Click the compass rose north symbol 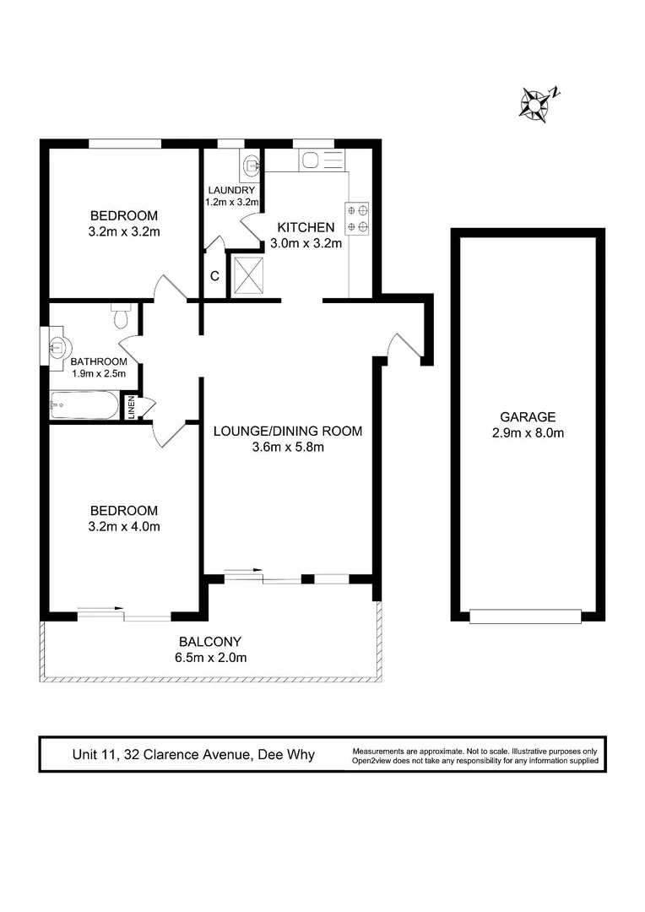coord(537,102)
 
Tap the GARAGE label coord(528,416)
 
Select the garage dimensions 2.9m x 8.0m coord(528,433)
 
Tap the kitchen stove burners coord(356,217)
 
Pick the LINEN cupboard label coord(131,406)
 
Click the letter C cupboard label coord(214,276)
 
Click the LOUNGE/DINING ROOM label coord(287,431)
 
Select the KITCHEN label coord(306,227)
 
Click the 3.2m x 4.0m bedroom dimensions coord(124,527)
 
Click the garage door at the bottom coord(525,616)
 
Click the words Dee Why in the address coord(286,754)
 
